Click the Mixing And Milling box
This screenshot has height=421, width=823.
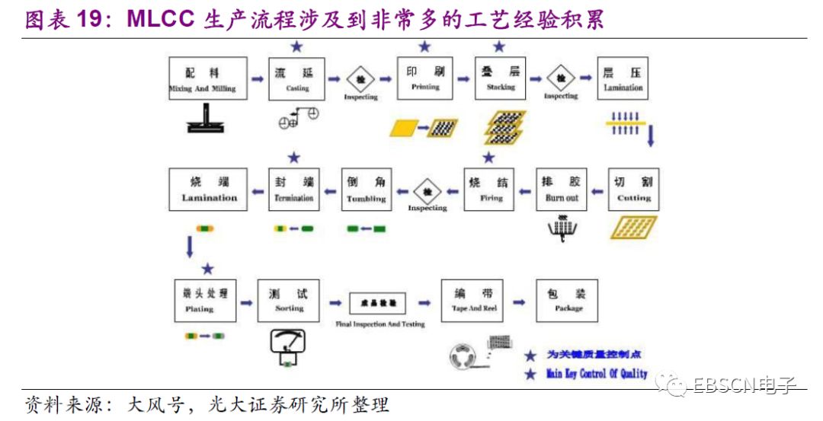[x=202, y=78]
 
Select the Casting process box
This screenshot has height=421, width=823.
[x=296, y=78]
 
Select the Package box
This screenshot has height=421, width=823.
[x=568, y=300]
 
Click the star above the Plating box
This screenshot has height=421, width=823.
[x=208, y=269]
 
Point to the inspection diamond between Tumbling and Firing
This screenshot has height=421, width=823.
[x=428, y=190]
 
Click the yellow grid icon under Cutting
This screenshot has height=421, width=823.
[x=633, y=227]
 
